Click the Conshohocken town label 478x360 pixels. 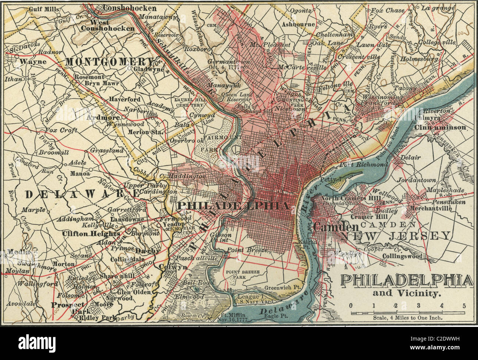tap(129, 8)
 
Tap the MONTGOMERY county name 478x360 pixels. tap(109, 61)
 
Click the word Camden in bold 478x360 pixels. tap(335, 227)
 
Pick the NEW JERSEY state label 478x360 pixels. tap(395, 236)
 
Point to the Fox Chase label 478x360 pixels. tap(385, 11)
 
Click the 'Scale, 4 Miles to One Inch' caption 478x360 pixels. tap(407, 318)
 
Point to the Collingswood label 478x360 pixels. tap(402, 256)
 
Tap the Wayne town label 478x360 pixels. tap(33, 62)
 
